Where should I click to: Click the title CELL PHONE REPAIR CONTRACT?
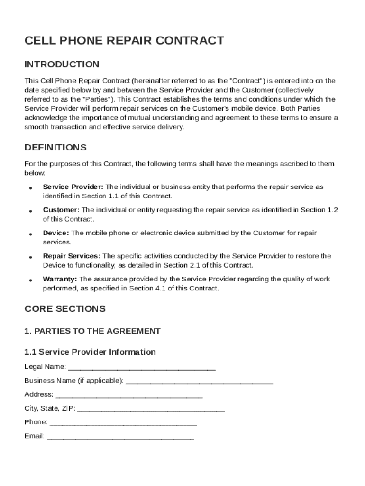124,41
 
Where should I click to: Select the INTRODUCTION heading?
62,65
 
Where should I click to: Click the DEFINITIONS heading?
55,147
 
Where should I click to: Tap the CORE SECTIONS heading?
64,309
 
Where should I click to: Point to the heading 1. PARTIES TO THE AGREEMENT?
92,331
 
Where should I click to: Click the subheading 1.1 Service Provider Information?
90,352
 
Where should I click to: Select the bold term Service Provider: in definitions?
73,187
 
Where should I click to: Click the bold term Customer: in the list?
61,210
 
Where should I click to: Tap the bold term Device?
56,233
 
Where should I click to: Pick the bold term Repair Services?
71,256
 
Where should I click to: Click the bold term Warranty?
60,279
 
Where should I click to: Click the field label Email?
34,436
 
